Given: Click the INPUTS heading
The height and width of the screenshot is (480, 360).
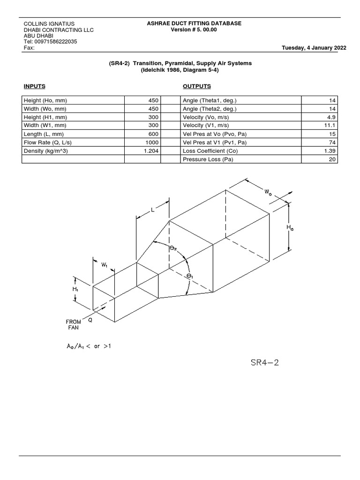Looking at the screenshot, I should pyautogui.click(x=34, y=86).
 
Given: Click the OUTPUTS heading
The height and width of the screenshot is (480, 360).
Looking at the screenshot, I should pyautogui.click(x=196, y=86).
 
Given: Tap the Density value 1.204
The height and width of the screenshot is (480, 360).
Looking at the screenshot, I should pyautogui.click(x=152, y=151).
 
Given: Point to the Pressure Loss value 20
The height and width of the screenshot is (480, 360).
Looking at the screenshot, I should pyautogui.click(x=332, y=159).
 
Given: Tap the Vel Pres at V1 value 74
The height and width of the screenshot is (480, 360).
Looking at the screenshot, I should pyautogui.click(x=332, y=142).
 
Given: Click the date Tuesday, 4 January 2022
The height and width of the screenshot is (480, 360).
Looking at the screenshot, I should pyautogui.click(x=314, y=48).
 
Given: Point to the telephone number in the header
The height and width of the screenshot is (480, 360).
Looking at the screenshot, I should pyautogui.click(x=50, y=42).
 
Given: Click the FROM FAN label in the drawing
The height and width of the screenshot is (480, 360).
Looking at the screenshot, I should pyautogui.click(x=73, y=325).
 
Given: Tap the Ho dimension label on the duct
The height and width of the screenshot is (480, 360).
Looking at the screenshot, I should pyautogui.click(x=291, y=228).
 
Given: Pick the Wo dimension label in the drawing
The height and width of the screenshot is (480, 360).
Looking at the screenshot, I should pyautogui.click(x=268, y=192).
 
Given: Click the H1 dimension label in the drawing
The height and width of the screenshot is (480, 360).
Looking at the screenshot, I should pyautogui.click(x=75, y=290).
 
